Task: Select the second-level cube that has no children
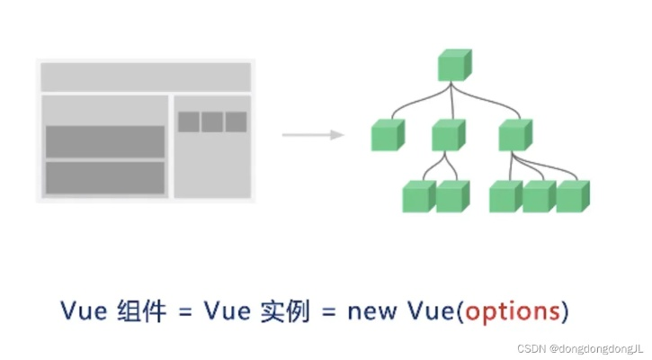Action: [388, 135]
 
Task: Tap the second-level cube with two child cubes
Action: [447, 135]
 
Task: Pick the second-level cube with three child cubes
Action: [514, 135]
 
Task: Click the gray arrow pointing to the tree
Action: [313, 135]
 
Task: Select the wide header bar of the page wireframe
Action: [146, 77]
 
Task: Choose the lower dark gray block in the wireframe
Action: [105, 177]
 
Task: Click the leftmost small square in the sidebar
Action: [189, 121]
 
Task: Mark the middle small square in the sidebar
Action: [212, 121]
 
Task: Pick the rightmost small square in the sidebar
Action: [236, 121]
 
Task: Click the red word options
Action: [515, 311]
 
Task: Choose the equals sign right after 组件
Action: [183, 311]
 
